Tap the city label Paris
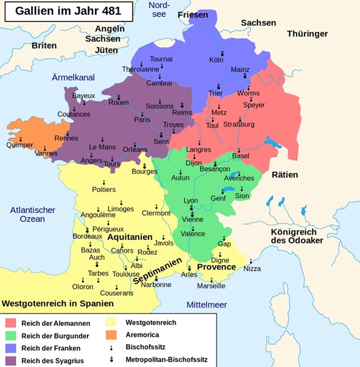[142, 119]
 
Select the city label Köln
[217, 60]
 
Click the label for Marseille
[211, 285]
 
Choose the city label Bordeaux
[87, 236]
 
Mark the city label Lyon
[190, 200]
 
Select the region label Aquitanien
[130, 237]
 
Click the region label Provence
[216, 267]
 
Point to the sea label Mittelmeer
[206, 305]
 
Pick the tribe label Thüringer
[307, 34]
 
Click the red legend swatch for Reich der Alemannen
[11, 323]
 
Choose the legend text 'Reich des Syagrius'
[53, 360]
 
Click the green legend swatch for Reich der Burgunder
[11, 335]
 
